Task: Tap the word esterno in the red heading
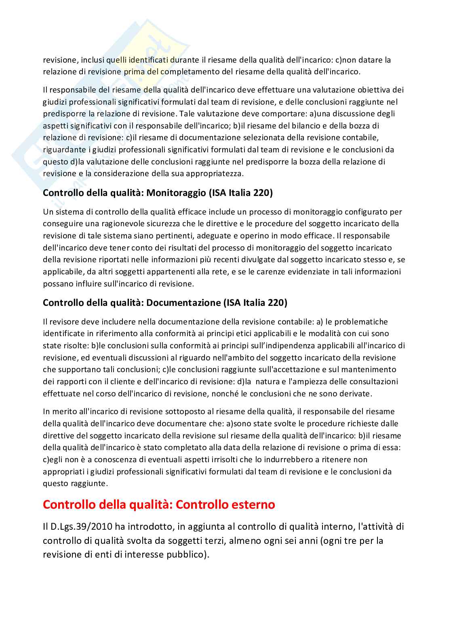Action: [x=250, y=505]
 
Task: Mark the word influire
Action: [x=91, y=284]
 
